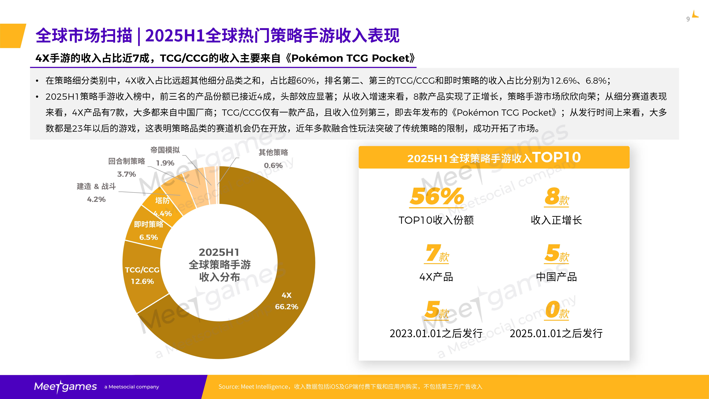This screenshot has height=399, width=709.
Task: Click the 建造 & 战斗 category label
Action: [x=96, y=186]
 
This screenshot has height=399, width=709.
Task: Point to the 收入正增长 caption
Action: [x=556, y=220]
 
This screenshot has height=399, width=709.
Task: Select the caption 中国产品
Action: [x=556, y=277]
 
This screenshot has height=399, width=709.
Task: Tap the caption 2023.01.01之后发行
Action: [x=436, y=333]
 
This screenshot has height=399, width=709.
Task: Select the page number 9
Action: [x=688, y=19]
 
